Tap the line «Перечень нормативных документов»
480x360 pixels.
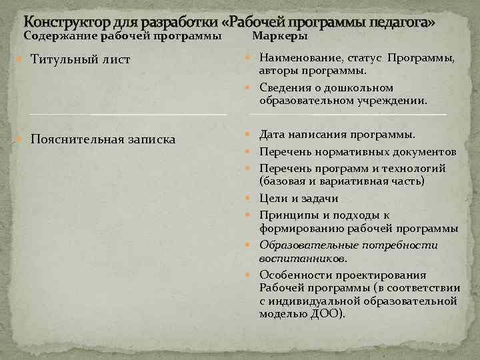point(357,151)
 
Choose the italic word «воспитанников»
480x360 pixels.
point(302,258)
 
